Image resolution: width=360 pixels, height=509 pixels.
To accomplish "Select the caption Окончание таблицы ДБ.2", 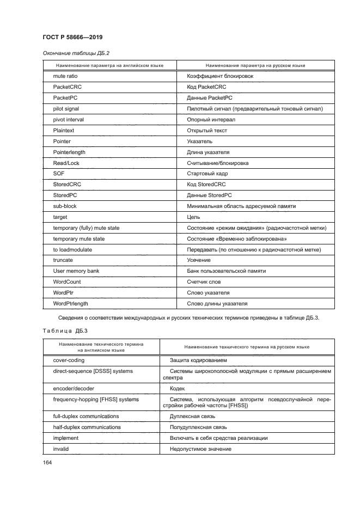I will pyautogui.click(x=72, y=53).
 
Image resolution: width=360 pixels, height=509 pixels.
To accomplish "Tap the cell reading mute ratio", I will pyautogui.click(x=65, y=76).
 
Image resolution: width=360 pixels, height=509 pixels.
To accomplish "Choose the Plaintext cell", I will pyautogui.click(x=64, y=131).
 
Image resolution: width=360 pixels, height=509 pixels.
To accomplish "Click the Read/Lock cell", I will pyautogui.click(x=66, y=163).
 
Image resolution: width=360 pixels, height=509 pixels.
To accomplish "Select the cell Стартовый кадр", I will pyautogui.click(x=207, y=174).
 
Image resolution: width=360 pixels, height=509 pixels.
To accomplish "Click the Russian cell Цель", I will pyautogui.click(x=193, y=217).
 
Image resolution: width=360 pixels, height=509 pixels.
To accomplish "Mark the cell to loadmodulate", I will pyautogui.click(x=72, y=249).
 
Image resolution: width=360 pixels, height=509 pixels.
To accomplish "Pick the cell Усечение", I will pyautogui.click(x=199, y=260).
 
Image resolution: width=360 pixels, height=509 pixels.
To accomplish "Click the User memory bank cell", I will pyautogui.click(x=76, y=271).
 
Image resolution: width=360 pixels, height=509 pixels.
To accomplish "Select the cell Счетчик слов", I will pyautogui.click(x=204, y=282).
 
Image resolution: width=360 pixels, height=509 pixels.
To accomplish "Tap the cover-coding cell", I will pyautogui.click(x=69, y=360).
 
